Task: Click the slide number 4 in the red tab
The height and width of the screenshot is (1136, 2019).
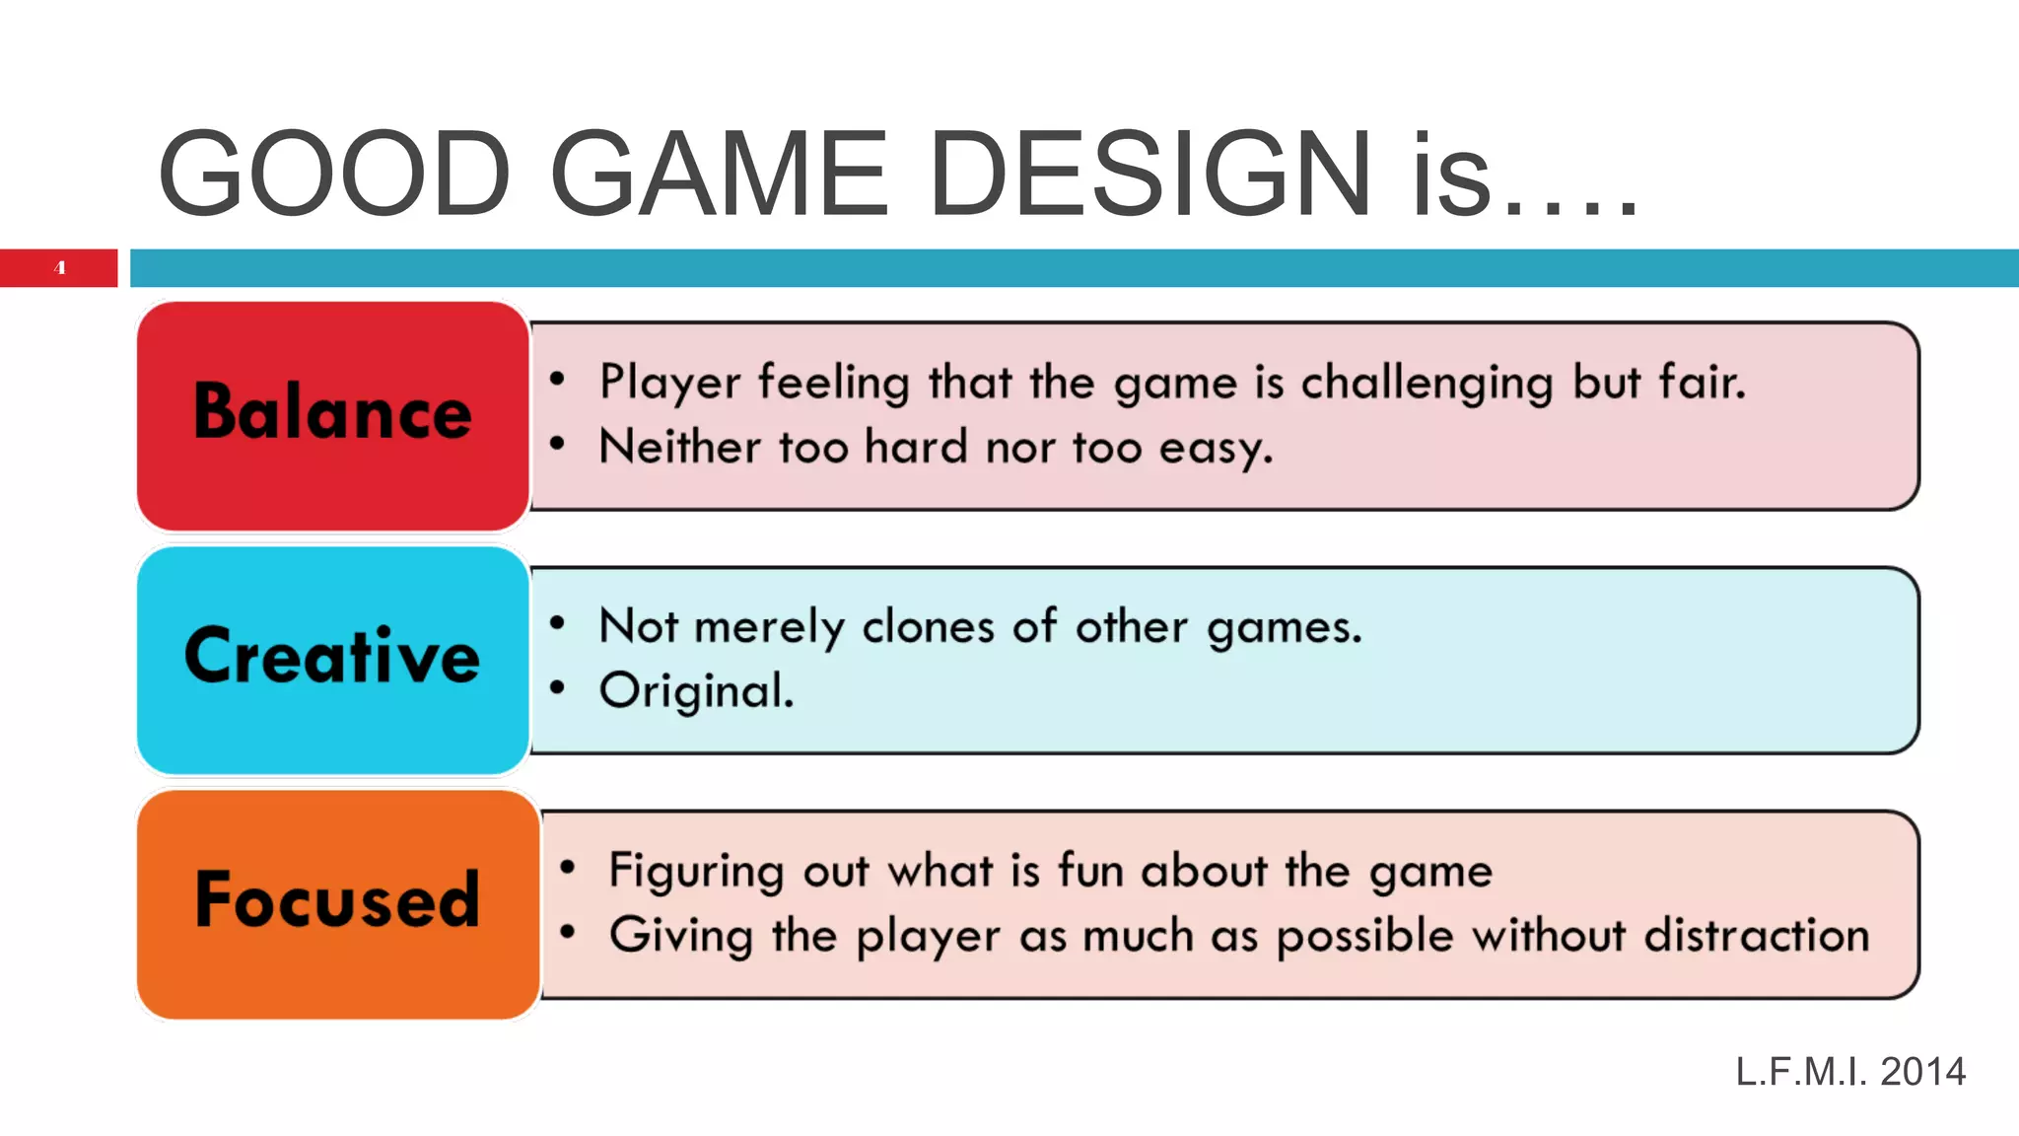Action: tap(60, 267)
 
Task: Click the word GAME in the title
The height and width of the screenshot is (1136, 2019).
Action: tap(719, 175)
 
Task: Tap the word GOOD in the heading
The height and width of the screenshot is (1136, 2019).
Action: tap(334, 175)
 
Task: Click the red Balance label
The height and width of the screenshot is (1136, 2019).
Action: tap(333, 414)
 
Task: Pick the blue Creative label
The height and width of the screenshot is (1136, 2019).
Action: tap(333, 658)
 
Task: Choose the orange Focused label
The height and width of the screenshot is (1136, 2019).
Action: tap(337, 901)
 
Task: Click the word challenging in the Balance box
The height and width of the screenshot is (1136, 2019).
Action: tap(1427, 384)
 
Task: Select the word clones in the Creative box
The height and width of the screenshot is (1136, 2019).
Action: tap(928, 626)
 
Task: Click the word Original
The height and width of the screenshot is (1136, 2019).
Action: tap(696, 691)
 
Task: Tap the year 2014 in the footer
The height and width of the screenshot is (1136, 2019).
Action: tap(1922, 1072)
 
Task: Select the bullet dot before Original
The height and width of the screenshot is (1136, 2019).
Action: tap(558, 687)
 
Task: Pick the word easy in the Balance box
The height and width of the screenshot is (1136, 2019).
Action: tap(1215, 449)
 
